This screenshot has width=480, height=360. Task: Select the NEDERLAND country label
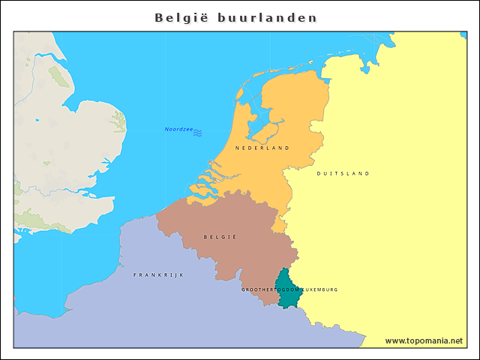262,148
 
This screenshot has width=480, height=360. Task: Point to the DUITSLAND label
343,173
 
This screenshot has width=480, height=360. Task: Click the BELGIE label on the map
220,237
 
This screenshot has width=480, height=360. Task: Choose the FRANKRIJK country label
158,275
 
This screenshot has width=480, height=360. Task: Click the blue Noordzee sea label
178,130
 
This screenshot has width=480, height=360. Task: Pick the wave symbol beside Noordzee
197,133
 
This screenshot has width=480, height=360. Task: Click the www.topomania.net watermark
424,340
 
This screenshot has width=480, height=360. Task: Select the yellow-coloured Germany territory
382,225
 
